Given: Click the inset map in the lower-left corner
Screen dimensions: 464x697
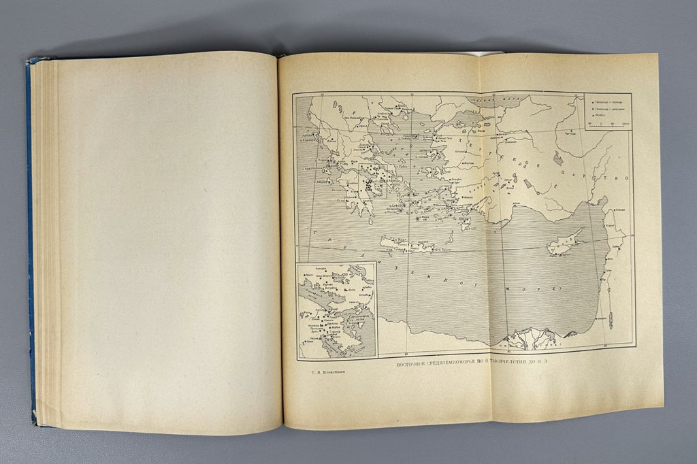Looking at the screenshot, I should [336, 310].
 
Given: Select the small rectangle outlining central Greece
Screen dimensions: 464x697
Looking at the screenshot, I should [373, 180].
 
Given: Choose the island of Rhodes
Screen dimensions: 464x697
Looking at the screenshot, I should [466, 222].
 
